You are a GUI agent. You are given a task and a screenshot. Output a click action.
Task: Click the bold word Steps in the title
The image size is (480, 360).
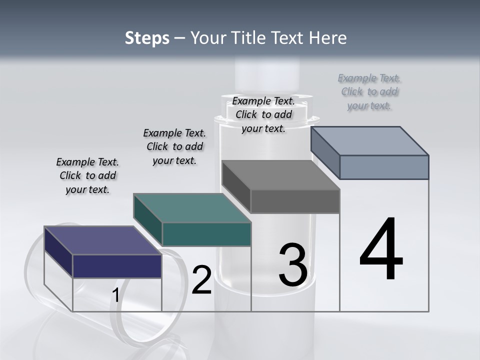[147, 38]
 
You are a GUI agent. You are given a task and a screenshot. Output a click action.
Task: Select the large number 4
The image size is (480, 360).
[381, 249]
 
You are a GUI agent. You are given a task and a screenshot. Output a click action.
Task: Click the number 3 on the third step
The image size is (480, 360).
[293, 265]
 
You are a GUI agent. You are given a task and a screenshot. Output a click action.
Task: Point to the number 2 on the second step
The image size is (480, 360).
[201, 280]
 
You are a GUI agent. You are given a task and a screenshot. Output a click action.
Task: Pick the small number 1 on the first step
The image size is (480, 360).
[115, 295]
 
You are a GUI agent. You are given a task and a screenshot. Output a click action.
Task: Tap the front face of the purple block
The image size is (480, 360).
[117, 266]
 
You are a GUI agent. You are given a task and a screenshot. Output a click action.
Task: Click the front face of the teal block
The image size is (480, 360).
[206, 234]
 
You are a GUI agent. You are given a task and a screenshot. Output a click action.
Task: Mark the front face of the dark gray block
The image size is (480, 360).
[295, 201]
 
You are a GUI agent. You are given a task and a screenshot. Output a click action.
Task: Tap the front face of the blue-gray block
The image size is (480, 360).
[384, 167]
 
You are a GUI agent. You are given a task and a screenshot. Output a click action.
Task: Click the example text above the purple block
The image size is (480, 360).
[87, 175]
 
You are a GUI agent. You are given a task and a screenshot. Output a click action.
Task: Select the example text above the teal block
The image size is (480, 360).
[174, 146]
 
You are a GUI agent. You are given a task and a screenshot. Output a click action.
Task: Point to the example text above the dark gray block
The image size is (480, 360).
[263, 114]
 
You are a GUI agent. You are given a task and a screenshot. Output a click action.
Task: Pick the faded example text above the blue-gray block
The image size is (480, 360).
[369, 91]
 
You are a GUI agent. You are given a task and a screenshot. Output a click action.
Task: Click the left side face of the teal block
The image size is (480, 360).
[148, 219]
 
